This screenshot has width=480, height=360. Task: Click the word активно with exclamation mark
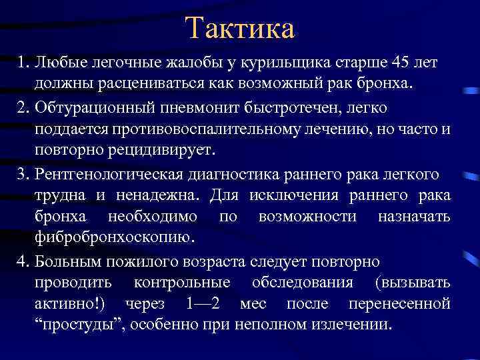74,304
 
